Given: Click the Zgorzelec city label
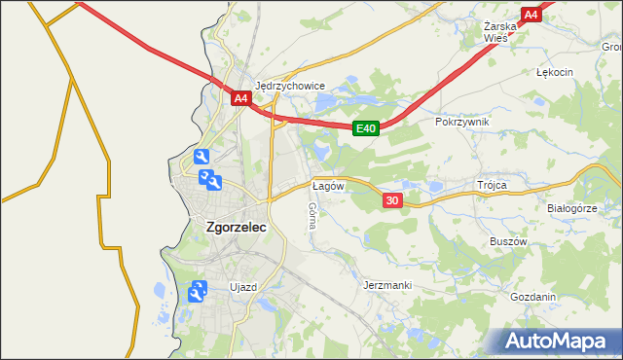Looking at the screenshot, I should click(237, 227).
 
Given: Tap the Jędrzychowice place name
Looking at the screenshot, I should click(289, 85).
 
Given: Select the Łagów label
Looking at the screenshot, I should click(328, 185).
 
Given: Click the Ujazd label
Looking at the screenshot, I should click(242, 287).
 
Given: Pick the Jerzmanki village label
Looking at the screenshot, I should click(386, 285).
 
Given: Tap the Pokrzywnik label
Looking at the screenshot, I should click(462, 122).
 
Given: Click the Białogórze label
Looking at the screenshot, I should click(570, 208).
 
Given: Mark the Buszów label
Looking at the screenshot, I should click(507, 240).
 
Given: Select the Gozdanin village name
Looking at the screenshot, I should click(532, 297).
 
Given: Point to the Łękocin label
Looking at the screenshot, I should click(555, 72).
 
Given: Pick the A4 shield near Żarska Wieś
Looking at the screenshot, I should click(531, 15).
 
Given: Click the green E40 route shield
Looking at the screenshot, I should click(365, 127).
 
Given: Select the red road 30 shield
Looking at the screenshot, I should click(391, 199).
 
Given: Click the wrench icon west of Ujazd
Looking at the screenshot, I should click(198, 290).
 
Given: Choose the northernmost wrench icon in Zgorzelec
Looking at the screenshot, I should click(201, 158).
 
